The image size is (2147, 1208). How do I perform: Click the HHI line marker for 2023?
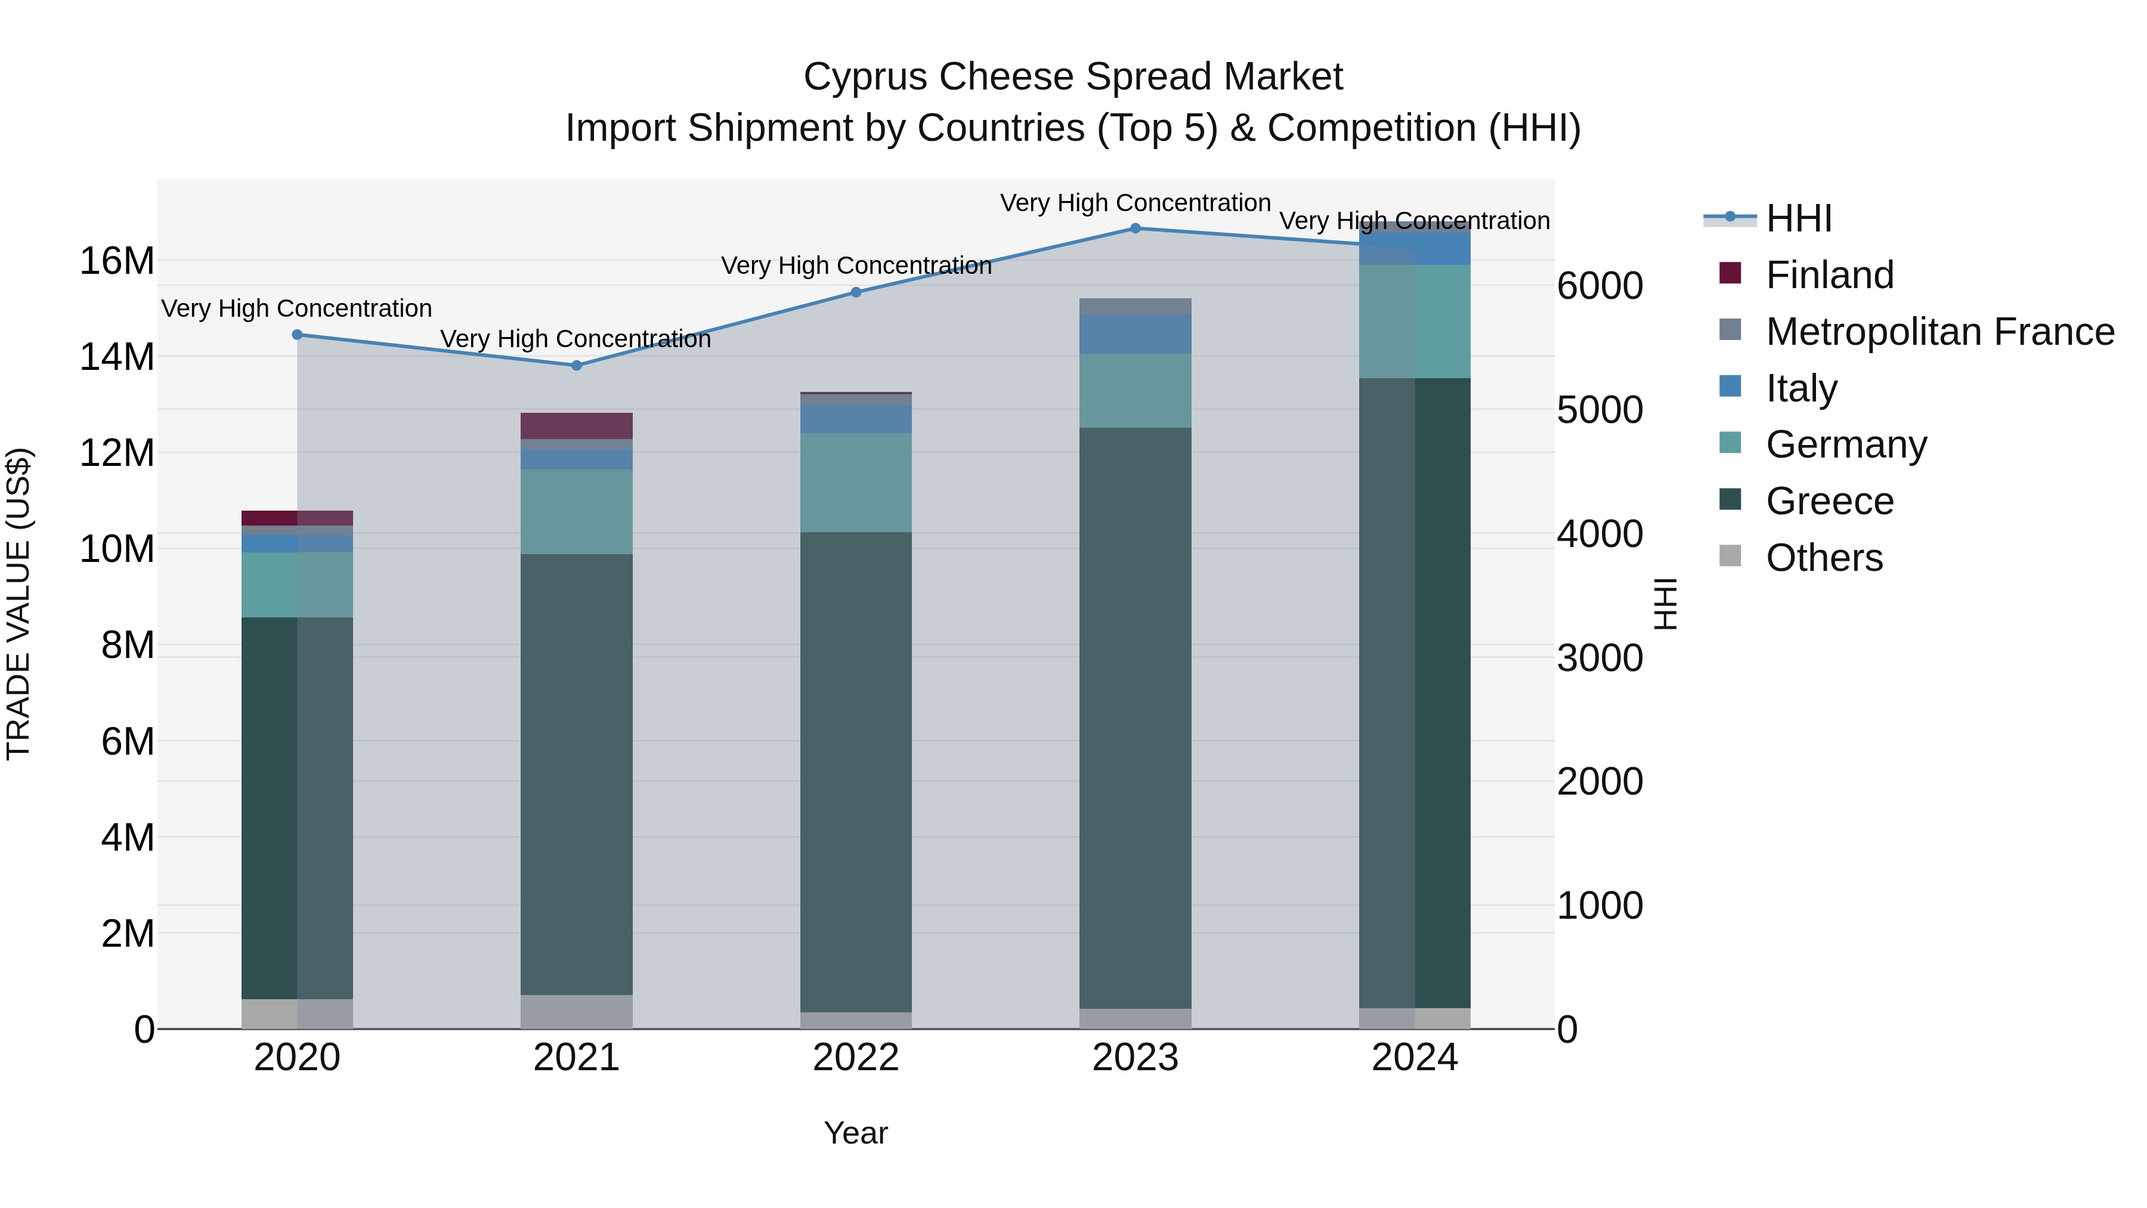click(x=1135, y=228)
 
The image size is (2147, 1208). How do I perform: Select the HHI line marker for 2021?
click(x=576, y=365)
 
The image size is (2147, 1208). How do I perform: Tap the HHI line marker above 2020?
click(x=297, y=334)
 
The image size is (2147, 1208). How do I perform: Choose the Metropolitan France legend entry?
click(x=1939, y=331)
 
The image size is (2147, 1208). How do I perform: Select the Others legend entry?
click(x=1824, y=557)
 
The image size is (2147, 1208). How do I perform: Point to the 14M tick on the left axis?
click(x=117, y=357)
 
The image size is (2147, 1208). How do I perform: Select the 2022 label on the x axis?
click(x=855, y=1058)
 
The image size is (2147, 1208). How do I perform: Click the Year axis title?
click(x=855, y=1133)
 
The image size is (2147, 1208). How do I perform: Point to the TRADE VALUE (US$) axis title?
click(x=19, y=604)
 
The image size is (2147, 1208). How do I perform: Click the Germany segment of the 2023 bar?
click(x=1135, y=390)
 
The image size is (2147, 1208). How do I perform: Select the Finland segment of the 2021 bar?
click(x=576, y=425)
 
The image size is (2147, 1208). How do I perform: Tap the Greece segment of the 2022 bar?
click(x=855, y=771)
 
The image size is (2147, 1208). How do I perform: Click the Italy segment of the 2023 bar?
click(x=1135, y=333)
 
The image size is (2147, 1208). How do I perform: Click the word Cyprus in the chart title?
click(x=866, y=77)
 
